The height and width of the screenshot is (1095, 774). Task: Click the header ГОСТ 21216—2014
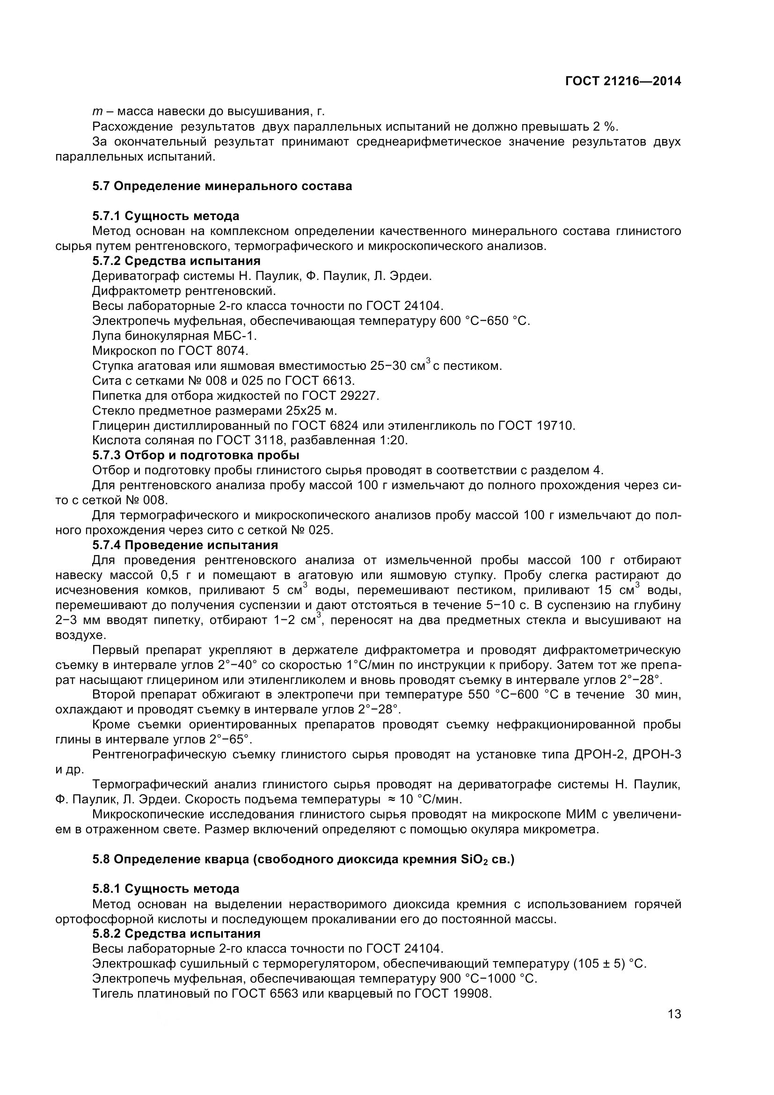[x=623, y=81]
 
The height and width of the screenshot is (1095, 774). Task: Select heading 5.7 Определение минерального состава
[x=222, y=186]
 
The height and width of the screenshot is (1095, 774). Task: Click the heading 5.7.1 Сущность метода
[x=166, y=216]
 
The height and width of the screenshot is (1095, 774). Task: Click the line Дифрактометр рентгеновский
[x=184, y=291]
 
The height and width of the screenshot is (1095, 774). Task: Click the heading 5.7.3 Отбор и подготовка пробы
[x=196, y=455]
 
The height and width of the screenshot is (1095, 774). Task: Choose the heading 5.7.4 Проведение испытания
[x=185, y=544]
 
